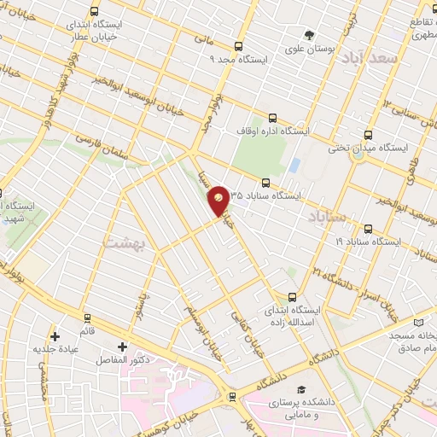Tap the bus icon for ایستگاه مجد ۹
[238, 46]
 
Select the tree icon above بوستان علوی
[309, 35]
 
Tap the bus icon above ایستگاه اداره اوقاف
[271, 118]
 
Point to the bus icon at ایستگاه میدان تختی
[368, 134]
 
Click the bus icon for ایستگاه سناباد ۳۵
[265, 183]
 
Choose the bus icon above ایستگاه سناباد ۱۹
[368, 229]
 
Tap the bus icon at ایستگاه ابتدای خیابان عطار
[93, 11]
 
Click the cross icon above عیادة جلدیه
[55, 336]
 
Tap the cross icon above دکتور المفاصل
[122, 347]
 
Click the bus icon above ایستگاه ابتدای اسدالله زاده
[291, 296]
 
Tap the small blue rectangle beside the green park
[294, 164]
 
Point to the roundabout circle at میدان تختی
[358, 154]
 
